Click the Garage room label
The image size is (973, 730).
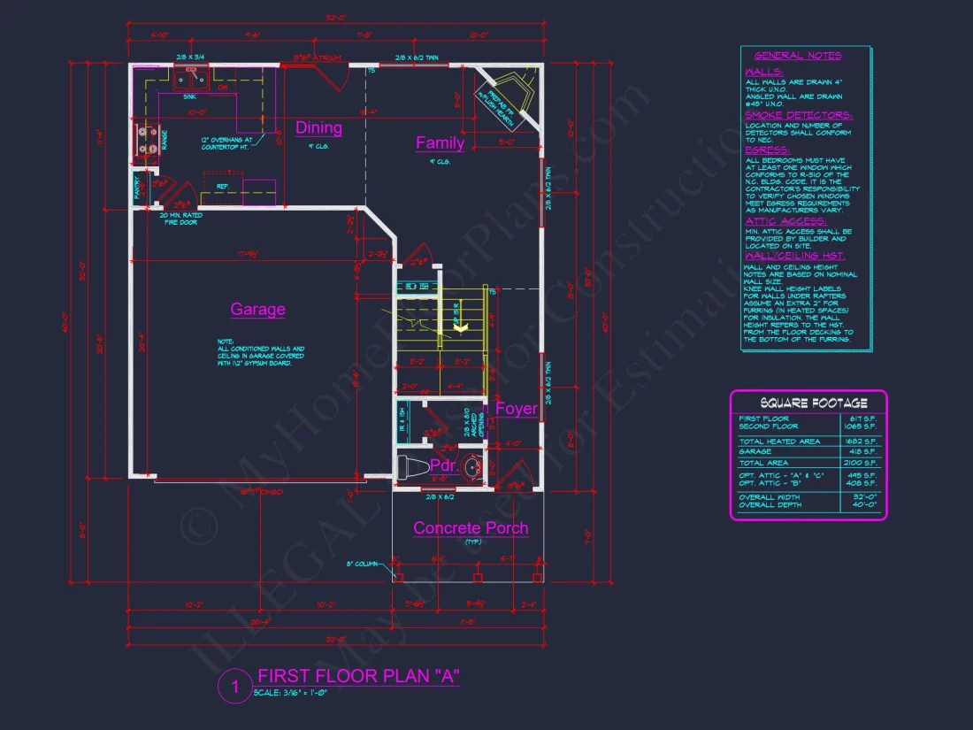[x=257, y=309]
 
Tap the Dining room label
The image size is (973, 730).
[x=318, y=127]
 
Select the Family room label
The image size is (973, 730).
[x=440, y=142]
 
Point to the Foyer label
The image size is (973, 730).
[x=516, y=408]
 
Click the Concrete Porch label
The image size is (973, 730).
[x=471, y=528]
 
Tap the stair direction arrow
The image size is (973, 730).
[x=460, y=327]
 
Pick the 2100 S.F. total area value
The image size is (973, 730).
[x=860, y=463]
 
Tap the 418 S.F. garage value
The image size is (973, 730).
[x=860, y=451]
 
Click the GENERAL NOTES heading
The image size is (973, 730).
[x=798, y=56]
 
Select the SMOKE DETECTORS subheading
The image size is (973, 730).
[x=799, y=115]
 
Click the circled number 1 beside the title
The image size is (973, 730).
[x=235, y=686]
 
